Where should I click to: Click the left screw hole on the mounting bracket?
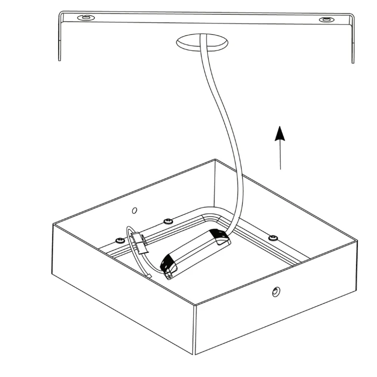(85, 18)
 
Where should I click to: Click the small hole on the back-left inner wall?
(134, 210)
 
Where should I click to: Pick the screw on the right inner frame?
(273, 237)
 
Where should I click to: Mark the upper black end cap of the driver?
(219, 236)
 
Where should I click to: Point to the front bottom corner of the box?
(195, 353)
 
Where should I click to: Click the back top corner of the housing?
(215, 160)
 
